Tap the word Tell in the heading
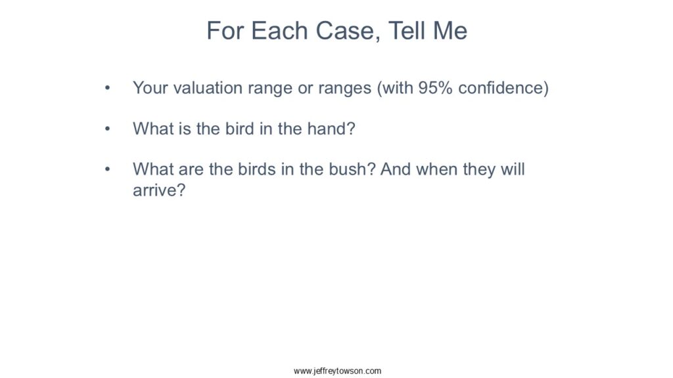click(x=406, y=31)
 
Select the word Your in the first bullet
click(x=151, y=88)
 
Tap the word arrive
click(x=155, y=190)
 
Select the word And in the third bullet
click(x=395, y=169)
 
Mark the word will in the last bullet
click(x=513, y=169)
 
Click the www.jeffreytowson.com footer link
click(x=337, y=371)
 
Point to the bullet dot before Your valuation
click(x=107, y=88)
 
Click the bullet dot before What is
click(x=107, y=129)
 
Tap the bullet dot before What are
click(x=107, y=169)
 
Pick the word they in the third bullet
click(x=478, y=169)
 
